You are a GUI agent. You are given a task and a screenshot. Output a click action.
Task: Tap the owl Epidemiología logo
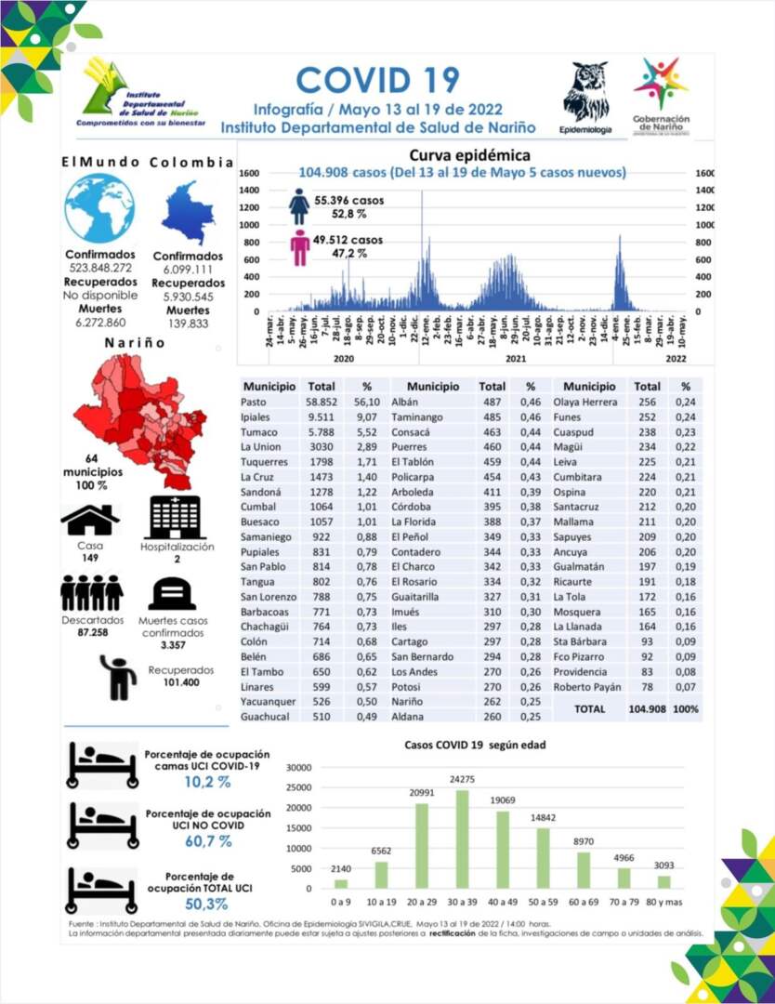coord(585,93)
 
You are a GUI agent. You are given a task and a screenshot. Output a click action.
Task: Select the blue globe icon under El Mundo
coord(99,208)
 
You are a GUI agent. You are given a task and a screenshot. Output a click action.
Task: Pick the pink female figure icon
coord(299,247)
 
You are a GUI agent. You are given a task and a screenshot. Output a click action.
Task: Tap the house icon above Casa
coord(90,520)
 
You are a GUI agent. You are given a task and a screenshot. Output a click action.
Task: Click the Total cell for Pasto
coord(322,402)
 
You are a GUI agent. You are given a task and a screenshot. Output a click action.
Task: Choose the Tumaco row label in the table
coord(258,433)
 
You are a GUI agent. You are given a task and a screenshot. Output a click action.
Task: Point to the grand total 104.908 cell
coord(648,708)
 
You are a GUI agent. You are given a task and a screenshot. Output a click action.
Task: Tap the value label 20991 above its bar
coord(421,792)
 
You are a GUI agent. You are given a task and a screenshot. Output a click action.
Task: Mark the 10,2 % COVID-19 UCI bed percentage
coord(206,782)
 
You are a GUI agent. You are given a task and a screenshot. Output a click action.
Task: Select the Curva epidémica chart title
coord(469,155)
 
